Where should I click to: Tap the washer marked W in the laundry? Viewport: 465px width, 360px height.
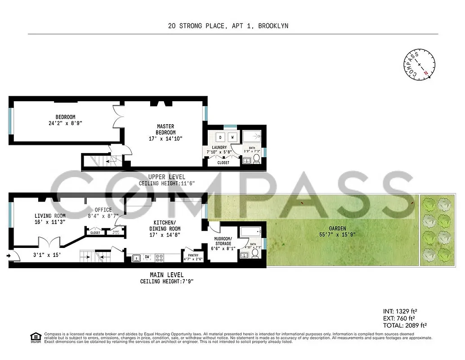point(232,137)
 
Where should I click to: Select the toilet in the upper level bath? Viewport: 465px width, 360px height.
point(256,159)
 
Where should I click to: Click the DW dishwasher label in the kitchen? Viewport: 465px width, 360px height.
point(147,257)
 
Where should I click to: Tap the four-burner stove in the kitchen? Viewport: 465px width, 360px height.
point(160,258)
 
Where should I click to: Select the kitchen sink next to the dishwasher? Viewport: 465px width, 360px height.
point(135,258)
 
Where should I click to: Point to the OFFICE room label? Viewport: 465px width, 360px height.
point(103,210)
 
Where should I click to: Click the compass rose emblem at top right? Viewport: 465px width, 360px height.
point(419,64)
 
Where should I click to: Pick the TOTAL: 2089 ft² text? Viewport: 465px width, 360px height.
point(404,325)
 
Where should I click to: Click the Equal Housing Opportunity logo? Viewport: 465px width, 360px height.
point(35,337)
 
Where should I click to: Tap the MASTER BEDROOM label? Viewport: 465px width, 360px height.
point(165,129)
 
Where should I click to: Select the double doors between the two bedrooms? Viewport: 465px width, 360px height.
point(118,117)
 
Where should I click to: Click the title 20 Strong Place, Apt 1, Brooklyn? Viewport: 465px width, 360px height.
point(228,26)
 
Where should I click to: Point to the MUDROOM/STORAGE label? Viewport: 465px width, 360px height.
point(222,241)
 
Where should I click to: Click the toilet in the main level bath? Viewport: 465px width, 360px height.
point(255,254)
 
